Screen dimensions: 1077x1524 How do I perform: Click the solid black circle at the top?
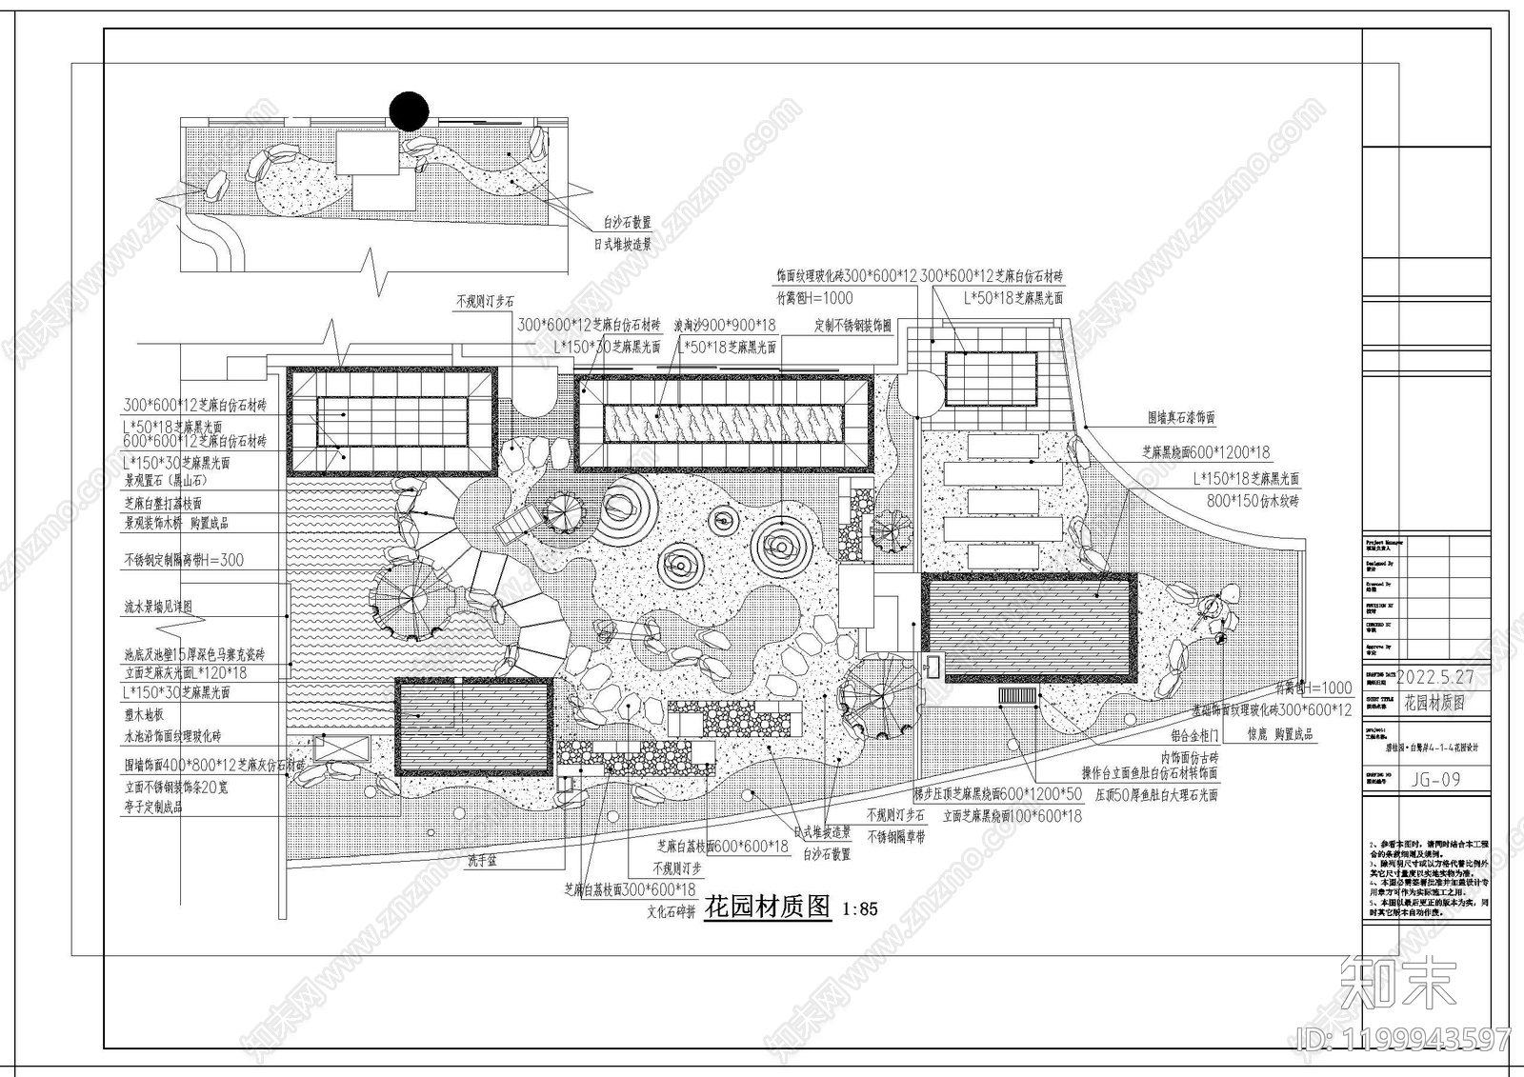point(410,110)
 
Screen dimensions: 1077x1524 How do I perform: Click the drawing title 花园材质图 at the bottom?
point(768,907)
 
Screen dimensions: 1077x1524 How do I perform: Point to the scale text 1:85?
point(860,909)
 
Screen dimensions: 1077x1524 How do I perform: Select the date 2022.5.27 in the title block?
point(1435,677)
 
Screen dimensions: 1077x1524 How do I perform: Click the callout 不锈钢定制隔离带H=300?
point(184,560)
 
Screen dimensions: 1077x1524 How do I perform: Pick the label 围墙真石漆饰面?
point(1181,417)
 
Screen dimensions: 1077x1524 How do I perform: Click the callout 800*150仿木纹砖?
point(1253,500)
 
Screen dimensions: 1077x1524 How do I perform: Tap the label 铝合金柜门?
point(1193,735)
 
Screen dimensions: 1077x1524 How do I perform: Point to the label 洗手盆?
point(483,861)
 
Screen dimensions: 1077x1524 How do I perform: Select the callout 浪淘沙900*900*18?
point(725,325)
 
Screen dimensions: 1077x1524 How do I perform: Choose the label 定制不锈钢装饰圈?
point(852,325)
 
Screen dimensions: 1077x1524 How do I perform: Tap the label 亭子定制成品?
point(152,807)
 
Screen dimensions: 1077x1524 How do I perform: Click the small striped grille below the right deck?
point(1017,696)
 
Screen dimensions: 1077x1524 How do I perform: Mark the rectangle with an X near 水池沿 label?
point(340,748)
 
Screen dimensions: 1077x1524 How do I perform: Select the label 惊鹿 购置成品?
point(1280,735)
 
